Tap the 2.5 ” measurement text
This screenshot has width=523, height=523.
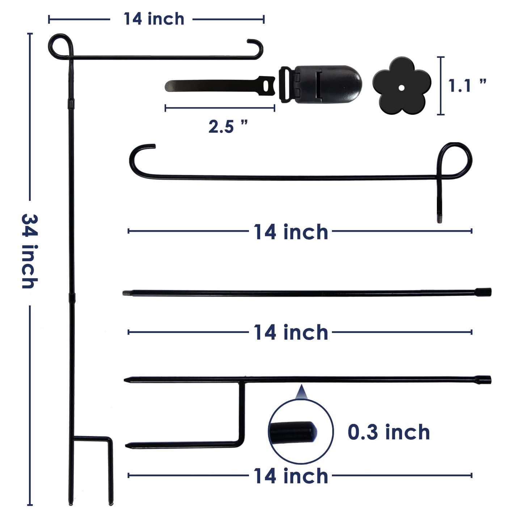pos(228,126)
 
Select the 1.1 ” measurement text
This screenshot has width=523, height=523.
pos(467,86)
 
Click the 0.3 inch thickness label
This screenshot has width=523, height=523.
pos(389,432)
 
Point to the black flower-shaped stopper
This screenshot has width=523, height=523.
pos(401,86)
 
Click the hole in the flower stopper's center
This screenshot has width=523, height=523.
pos(401,87)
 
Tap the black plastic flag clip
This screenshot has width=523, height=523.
pos(320,83)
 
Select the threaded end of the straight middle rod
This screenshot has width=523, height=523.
pos(126,293)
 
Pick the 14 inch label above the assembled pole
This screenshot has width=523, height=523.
pos(154,19)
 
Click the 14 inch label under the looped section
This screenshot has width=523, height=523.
pos(291,232)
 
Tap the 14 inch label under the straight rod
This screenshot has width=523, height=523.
pos(291,332)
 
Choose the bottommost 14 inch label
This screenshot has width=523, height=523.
pos(291,476)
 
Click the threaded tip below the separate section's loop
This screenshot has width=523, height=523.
pos(439,219)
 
